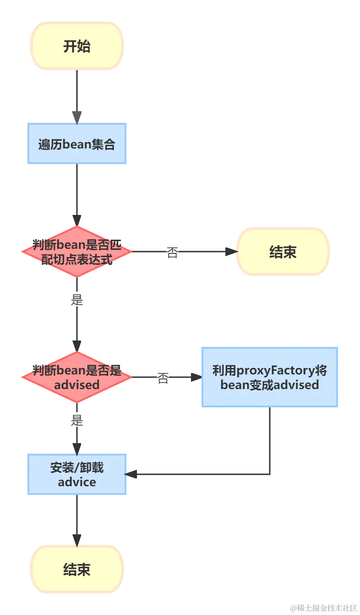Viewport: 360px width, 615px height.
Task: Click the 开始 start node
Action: click(x=77, y=46)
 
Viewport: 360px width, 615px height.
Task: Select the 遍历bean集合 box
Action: click(x=77, y=143)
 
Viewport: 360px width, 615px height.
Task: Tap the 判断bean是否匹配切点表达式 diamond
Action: click(x=77, y=252)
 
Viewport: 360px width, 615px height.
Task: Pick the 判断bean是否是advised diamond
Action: click(x=77, y=377)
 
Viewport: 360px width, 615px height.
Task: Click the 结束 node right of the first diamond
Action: click(x=283, y=252)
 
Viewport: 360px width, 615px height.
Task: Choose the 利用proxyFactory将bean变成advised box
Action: click(x=270, y=377)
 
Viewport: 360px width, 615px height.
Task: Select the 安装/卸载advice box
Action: click(x=77, y=474)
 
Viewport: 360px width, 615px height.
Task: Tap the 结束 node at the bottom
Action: click(x=77, y=569)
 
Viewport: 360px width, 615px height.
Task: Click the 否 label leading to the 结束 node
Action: click(x=172, y=252)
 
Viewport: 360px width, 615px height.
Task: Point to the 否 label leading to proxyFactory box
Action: click(x=163, y=378)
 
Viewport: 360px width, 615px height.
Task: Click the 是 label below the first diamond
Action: click(x=77, y=300)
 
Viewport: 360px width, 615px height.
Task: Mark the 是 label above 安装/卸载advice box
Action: click(x=77, y=420)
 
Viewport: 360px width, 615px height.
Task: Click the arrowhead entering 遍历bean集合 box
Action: click(x=77, y=117)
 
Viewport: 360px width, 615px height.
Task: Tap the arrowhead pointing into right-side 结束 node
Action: click(x=231, y=252)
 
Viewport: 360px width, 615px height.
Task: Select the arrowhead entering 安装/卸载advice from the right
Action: click(x=131, y=474)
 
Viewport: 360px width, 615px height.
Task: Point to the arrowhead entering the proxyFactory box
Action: click(x=196, y=377)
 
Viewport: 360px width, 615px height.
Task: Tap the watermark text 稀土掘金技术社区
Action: click(x=327, y=608)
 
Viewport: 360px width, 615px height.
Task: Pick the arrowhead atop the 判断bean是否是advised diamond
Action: click(x=77, y=346)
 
